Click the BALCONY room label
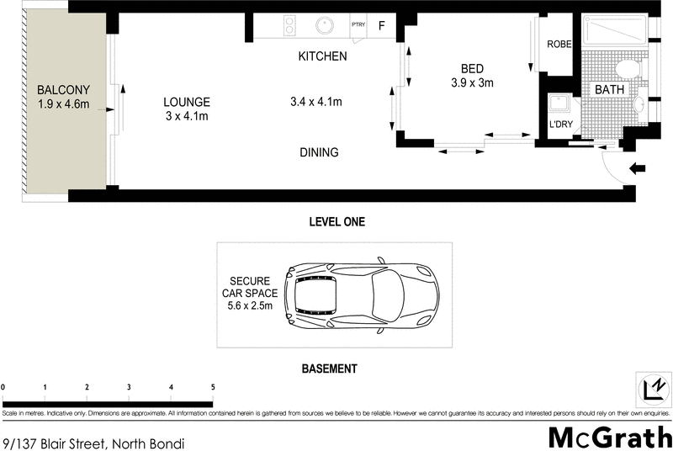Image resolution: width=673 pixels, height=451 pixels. click(63, 90)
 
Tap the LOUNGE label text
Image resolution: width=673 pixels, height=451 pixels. click(186, 102)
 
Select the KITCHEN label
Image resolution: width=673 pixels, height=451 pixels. click(323, 57)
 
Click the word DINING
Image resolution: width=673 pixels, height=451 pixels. click(319, 152)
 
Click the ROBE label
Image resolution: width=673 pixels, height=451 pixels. click(559, 45)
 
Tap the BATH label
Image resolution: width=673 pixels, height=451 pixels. click(610, 89)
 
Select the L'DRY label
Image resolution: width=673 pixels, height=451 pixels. click(559, 125)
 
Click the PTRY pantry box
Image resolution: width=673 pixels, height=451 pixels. click(358, 25)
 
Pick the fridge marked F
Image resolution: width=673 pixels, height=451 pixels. click(381, 25)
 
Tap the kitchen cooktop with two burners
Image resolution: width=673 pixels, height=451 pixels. click(289, 25)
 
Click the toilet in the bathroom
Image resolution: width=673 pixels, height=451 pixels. click(626, 68)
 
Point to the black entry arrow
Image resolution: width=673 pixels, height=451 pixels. click(637, 168)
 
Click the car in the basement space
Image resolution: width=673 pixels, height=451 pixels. click(360, 294)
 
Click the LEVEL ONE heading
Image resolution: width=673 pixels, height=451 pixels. click(336, 222)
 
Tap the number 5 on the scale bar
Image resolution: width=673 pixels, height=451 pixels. click(213, 387)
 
